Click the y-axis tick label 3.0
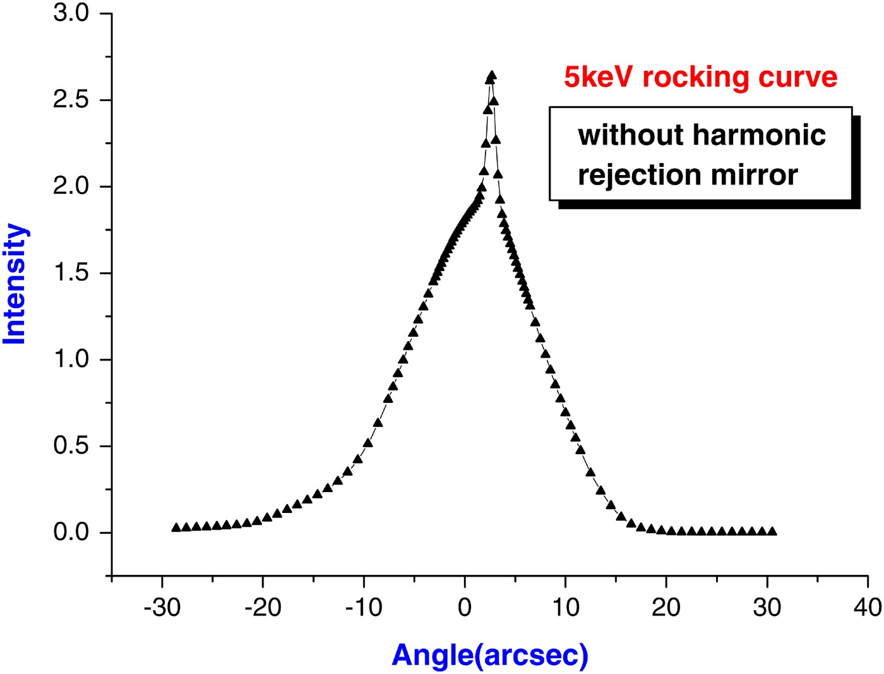click(71, 13)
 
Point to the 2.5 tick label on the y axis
click(71, 100)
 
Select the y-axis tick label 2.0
click(71, 186)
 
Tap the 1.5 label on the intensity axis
click(71, 273)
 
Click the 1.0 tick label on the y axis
click(71, 359)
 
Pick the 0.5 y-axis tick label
click(71, 446)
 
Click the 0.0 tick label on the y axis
click(71, 533)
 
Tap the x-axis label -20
click(263, 608)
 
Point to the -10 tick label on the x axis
click(364, 608)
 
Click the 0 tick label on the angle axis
click(465, 608)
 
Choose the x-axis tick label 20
click(666, 608)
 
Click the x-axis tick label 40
click(868, 608)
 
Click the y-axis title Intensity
click(15, 284)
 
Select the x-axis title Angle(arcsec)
click(490, 655)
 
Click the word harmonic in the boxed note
click(759, 135)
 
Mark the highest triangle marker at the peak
click(492, 76)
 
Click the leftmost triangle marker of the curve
click(176, 527)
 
